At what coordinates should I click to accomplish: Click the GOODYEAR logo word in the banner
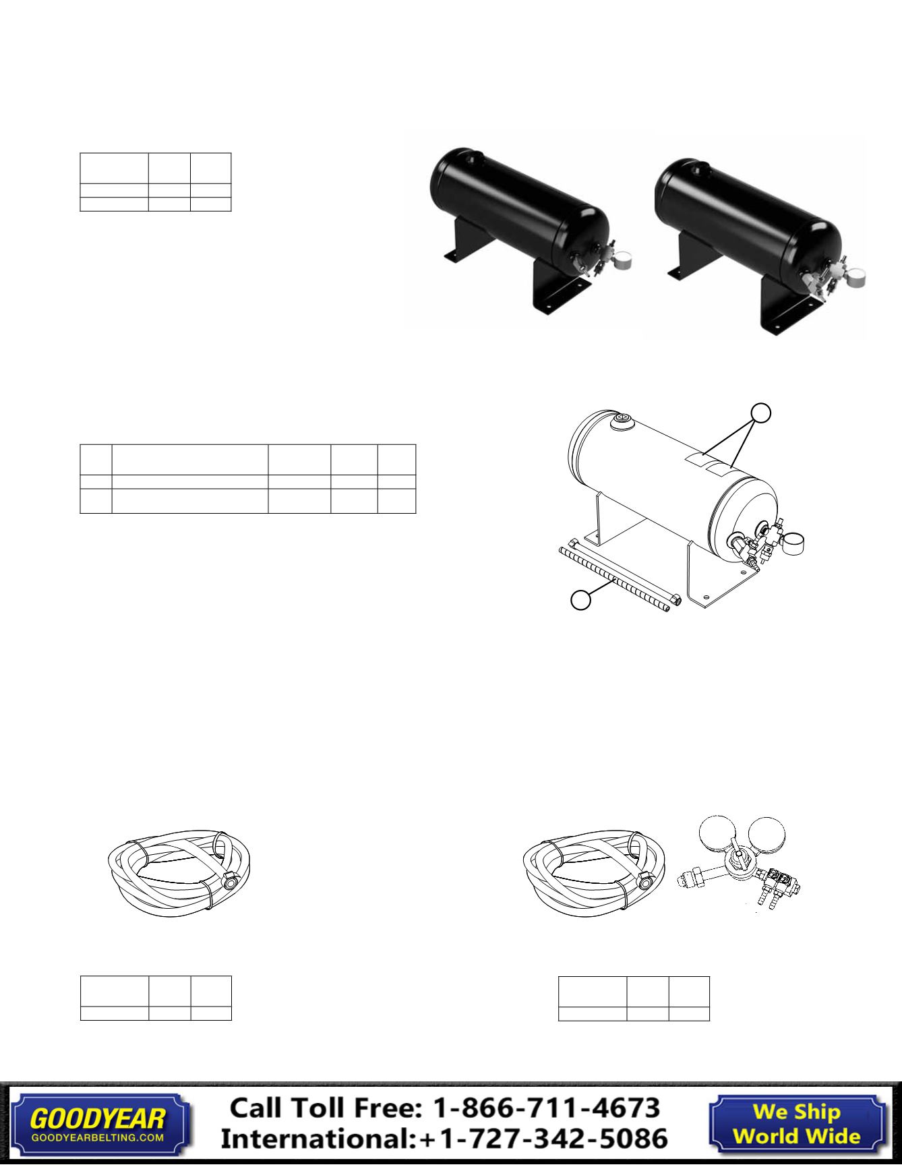click(x=97, y=1119)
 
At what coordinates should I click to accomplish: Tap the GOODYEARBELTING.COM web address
click(x=98, y=1137)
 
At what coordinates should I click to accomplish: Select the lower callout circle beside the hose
click(x=581, y=599)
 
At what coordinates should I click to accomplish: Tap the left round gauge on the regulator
click(x=717, y=837)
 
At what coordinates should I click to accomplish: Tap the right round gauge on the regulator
click(x=768, y=836)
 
